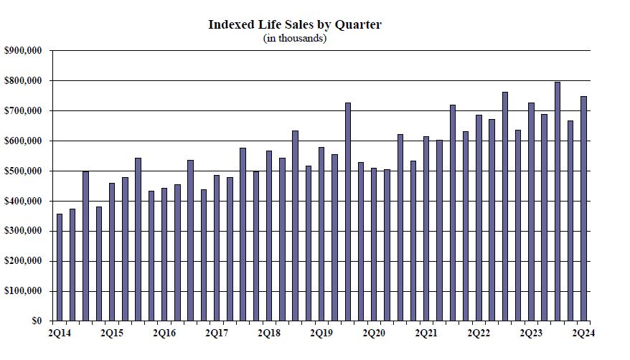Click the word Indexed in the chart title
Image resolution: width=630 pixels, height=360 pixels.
pyautogui.click(x=225, y=24)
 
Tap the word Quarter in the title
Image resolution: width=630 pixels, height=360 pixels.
pyautogui.click(x=358, y=25)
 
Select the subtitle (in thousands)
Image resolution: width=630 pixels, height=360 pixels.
pyautogui.click(x=294, y=38)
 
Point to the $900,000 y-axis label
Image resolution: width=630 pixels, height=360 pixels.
pyautogui.click(x=23, y=51)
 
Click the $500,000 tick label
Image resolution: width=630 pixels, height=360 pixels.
pyautogui.click(x=23, y=171)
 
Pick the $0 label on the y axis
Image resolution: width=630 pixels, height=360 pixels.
pyautogui.click(x=37, y=321)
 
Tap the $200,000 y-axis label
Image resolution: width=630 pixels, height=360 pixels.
pyautogui.click(x=23, y=261)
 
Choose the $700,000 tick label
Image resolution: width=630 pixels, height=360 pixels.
pyautogui.click(x=23, y=110)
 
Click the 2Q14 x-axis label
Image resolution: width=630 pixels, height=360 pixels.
pyautogui.click(x=60, y=333)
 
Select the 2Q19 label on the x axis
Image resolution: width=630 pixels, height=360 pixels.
pyautogui.click(x=321, y=333)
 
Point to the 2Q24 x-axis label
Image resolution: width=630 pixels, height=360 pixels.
pyautogui.click(x=583, y=333)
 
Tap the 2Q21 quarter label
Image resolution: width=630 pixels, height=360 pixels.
pyautogui.click(x=426, y=333)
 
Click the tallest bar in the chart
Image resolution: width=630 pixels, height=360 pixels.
pyautogui.click(x=558, y=202)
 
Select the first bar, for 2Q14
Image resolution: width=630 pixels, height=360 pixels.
pyautogui.click(x=60, y=267)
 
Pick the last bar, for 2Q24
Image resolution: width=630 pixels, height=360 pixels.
pyautogui.click(x=583, y=209)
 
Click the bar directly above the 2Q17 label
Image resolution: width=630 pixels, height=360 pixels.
pyautogui.click(x=217, y=248)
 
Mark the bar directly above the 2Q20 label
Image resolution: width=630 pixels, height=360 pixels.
pyautogui.click(x=374, y=245)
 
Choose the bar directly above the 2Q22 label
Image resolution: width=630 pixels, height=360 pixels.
pyautogui.click(x=479, y=218)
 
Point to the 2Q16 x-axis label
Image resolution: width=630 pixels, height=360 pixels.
pyautogui.click(x=164, y=333)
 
